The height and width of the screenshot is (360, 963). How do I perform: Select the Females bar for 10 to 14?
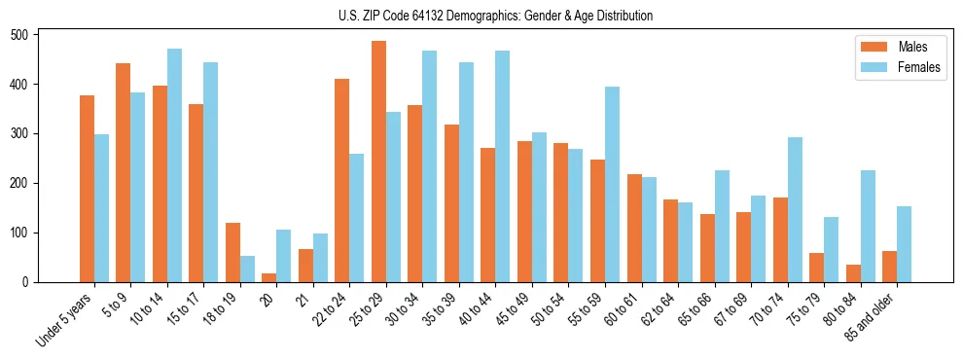pos(174,165)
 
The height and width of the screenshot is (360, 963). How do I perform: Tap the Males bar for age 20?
pos(269,277)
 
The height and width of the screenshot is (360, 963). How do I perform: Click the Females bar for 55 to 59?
pos(612,185)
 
